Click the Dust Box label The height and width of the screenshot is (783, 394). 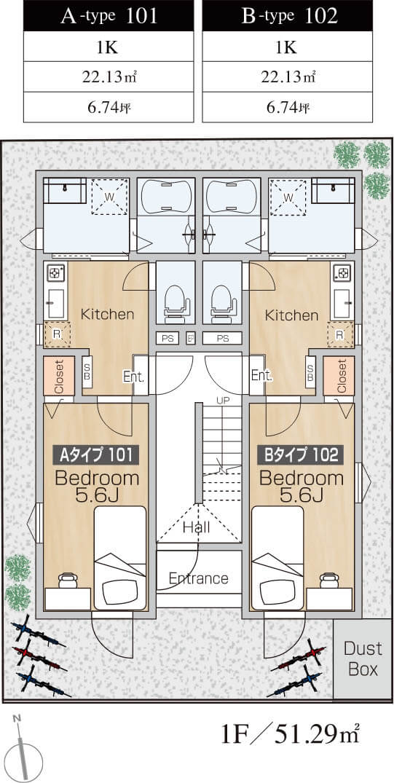[x=363, y=658]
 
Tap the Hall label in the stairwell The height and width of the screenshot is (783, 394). [x=196, y=527]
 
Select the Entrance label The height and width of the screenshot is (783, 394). [x=198, y=578]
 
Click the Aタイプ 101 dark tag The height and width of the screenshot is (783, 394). [x=96, y=455]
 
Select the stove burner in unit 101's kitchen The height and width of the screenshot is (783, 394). [x=54, y=273]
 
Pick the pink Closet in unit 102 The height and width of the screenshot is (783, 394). [x=342, y=376]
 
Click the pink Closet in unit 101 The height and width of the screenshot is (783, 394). [x=58, y=376]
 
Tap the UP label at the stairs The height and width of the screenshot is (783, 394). [x=222, y=399]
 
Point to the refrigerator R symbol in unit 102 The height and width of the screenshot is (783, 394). [x=340, y=334]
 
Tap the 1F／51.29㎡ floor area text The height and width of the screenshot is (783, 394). [x=290, y=734]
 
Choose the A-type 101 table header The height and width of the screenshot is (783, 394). [x=109, y=17]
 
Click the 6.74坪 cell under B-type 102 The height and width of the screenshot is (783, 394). [x=287, y=107]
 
